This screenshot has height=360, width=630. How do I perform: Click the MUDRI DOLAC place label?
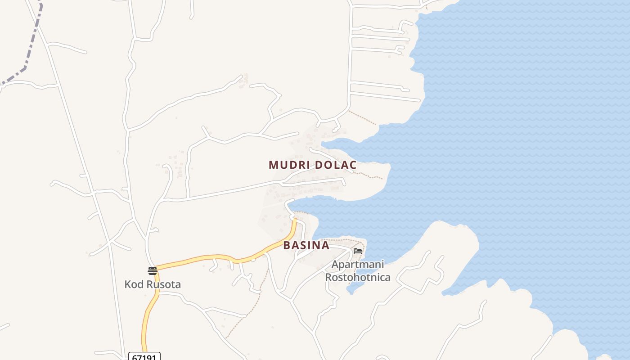tap(312, 165)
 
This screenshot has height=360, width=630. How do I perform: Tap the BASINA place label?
tap(306, 246)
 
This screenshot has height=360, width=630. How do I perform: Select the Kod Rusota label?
tap(153, 284)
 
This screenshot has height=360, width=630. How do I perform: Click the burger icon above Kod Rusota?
tap(152, 271)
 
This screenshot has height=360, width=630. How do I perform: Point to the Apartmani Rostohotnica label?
tap(358, 271)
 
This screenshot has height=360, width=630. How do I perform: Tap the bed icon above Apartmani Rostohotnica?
tap(358, 251)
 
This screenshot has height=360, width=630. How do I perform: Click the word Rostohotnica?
tap(358, 277)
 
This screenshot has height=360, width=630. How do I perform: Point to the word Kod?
tap(133, 284)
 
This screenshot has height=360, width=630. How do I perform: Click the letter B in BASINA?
tap(287, 246)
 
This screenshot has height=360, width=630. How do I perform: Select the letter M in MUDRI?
tap(273, 165)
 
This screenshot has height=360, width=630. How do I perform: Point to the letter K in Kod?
tap(127, 284)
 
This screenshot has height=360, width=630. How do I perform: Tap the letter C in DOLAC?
tap(353, 165)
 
